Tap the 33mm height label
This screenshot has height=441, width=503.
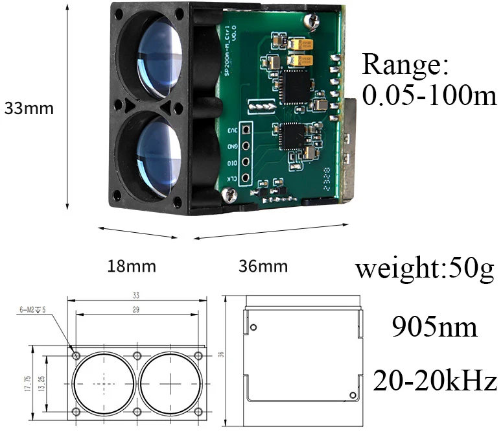click(29, 108)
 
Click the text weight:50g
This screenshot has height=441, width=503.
click(425, 267)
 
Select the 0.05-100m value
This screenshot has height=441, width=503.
click(429, 96)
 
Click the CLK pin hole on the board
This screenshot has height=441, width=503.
click(246, 177)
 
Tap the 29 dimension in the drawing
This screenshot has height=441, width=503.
click(135, 310)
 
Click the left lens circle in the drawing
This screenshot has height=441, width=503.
click(104, 384)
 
